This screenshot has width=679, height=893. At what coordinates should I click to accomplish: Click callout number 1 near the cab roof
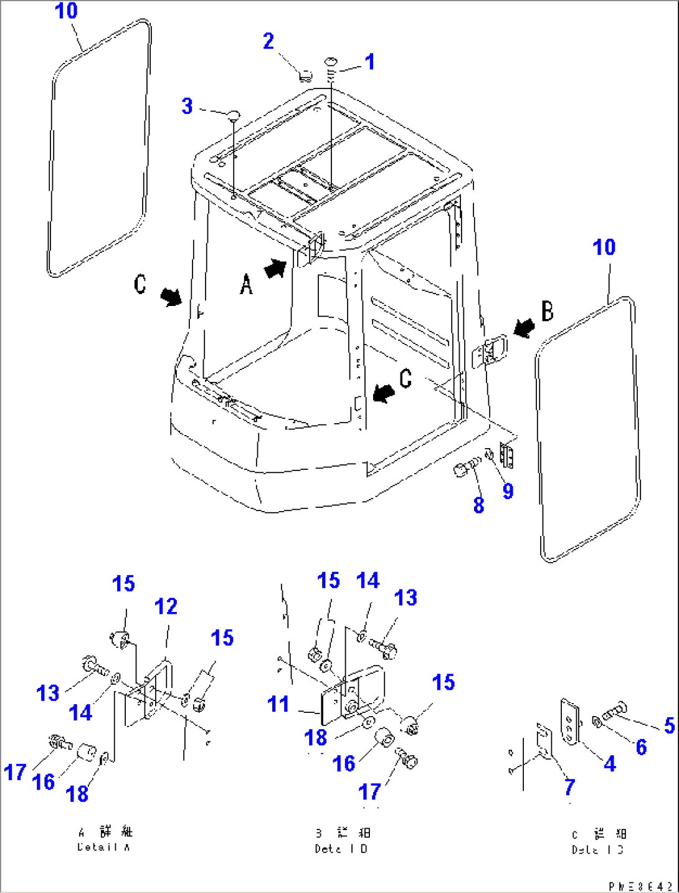click(x=370, y=62)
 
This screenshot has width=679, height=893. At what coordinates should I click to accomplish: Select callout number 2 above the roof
click(x=268, y=41)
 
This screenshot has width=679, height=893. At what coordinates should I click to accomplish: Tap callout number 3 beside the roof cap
click(x=187, y=106)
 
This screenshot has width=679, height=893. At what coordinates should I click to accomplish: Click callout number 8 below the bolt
click(x=478, y=505)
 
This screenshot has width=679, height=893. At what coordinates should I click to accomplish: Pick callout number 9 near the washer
click(x=508, y=491)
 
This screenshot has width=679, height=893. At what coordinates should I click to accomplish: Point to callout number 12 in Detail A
click(x=166, y=606)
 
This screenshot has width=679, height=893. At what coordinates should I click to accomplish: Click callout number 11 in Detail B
click(x=278, y=704)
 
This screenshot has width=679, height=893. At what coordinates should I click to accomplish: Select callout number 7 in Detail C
click(x=569, y=786)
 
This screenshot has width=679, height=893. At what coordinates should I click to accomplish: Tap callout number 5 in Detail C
click(x=669, y=725)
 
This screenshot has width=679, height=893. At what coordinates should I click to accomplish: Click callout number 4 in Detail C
click(x=610, y=763)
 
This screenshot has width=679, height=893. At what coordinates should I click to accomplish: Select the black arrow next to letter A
click(x=275, y=269)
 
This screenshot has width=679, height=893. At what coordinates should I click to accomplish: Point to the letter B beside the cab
click(x=547, y=310)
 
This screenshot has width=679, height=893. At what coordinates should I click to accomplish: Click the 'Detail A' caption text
click(x=104, y=847)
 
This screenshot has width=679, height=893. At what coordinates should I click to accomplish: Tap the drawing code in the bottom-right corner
click(x=642, y=886)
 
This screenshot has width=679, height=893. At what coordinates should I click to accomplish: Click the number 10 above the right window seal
click(x=604, y=247)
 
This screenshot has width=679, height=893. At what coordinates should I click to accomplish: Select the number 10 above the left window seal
click(x=66, y=11)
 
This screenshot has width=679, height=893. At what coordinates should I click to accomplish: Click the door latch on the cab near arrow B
click(x=492, y=351)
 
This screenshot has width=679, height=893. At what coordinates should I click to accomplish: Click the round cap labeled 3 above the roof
click(x=233, y=114)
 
